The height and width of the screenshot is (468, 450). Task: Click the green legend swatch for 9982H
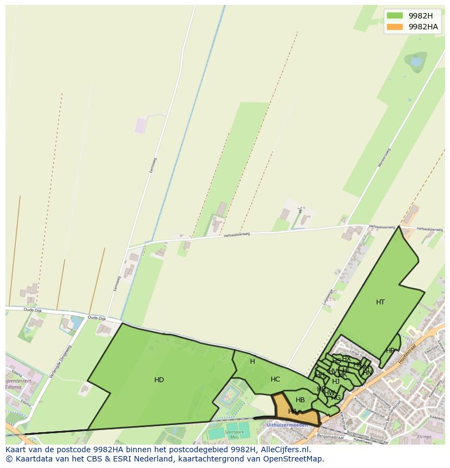(395, 16)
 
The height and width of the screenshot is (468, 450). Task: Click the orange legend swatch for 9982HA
(395, 27)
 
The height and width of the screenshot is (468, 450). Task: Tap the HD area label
(159, 380)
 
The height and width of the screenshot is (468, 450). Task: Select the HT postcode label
(380, 302)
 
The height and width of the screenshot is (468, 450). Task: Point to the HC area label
(275, 379)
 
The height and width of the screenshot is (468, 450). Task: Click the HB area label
(300, 400)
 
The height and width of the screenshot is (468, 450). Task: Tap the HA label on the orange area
(292, 411)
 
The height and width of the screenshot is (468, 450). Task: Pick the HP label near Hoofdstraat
(390, 351)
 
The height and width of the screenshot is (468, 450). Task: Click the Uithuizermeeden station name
(287, 425)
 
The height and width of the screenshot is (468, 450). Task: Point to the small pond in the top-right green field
(417, 62)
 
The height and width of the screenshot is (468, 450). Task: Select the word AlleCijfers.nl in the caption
(284, 450)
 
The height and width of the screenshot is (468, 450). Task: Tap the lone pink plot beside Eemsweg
(141, 126)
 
